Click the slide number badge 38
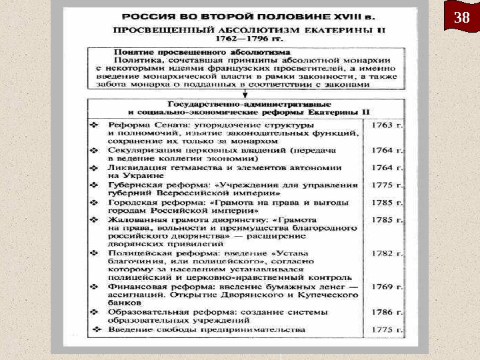(461, 18)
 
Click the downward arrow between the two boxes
(245, 93)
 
